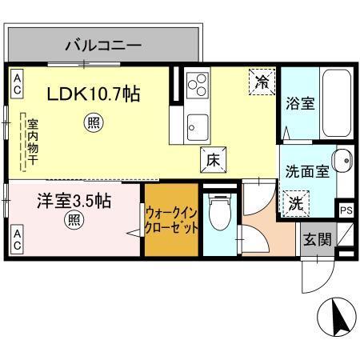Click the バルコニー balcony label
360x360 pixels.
[x=103, y=45]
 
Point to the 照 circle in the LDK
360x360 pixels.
[x=94, y=122]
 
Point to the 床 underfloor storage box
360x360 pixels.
[x=213, y=159]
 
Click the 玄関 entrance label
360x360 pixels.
[x=315, y=239]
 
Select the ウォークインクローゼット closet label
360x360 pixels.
[x=171, y=221]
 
